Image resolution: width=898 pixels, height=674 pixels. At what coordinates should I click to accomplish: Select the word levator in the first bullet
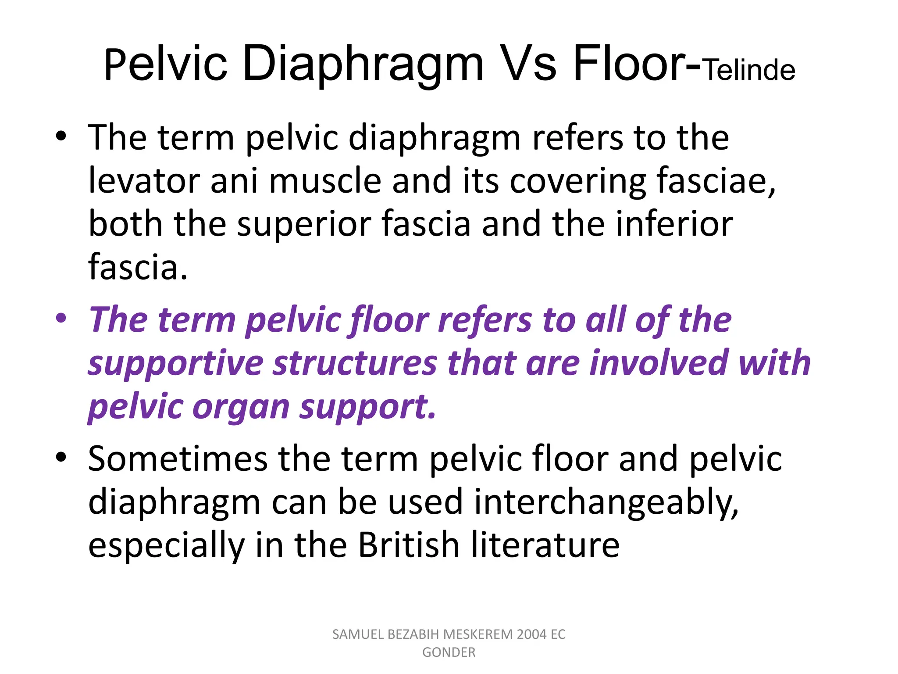click(x=143, y=181)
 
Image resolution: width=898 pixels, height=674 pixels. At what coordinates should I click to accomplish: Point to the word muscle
click(x=325, y=181)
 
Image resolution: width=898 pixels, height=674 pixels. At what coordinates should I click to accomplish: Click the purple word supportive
click(x=175, y=364)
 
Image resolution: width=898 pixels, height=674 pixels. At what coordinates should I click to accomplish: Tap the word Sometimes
click(x=178, y=459)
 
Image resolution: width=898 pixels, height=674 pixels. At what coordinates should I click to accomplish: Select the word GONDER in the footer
click(x=449, y=652)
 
